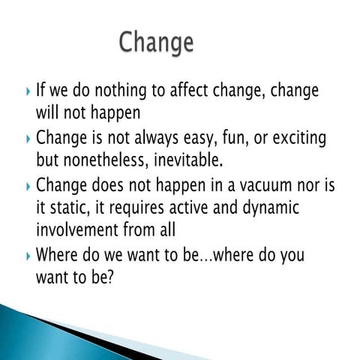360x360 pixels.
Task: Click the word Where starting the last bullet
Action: [x=57, y=254]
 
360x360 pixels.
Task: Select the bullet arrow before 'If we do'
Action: [x=28, y=92]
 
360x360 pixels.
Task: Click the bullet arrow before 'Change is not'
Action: [x=28, y=139]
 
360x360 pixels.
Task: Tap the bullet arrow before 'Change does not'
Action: [x=28, y=184]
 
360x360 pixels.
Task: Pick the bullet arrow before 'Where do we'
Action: [x=28, y=255]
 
